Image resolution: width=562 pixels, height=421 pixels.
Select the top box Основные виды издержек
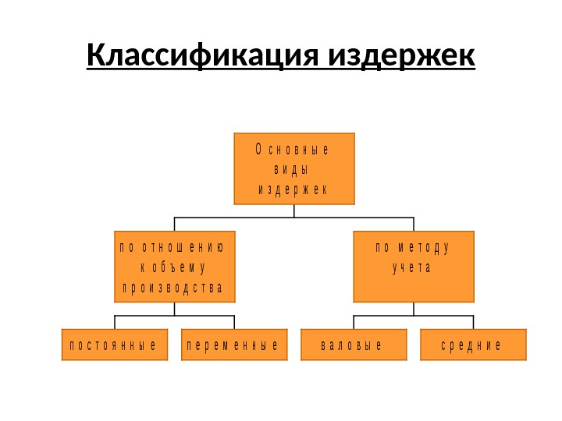tap(293, 168)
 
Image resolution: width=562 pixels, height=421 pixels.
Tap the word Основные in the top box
tap(293, 149)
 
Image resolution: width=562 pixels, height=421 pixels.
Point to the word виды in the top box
tap(293, 169)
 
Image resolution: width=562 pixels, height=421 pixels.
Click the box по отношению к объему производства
tap(174, 267)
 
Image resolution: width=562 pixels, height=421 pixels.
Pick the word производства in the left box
tap(173, 288)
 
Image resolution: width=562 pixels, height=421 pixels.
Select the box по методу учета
tap(414, 267)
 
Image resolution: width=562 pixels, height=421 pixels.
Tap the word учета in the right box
tap(411, 268)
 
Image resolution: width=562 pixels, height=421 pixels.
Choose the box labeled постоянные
tap(115, 345)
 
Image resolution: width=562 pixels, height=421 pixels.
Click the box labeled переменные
tap(234, 345)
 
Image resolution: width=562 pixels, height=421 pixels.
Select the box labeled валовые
tap(354, 345)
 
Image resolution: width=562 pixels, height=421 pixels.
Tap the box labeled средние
tap(473, 345)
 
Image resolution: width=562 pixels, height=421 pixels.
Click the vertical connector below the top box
tap(293, 210)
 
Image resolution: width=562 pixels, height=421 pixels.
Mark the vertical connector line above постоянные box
tap(115, 322)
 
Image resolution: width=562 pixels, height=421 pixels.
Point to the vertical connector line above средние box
tap(473, 322)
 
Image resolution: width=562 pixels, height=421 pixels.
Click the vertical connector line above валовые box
tap(354, 322)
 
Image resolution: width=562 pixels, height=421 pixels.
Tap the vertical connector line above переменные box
tap(234, 322)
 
